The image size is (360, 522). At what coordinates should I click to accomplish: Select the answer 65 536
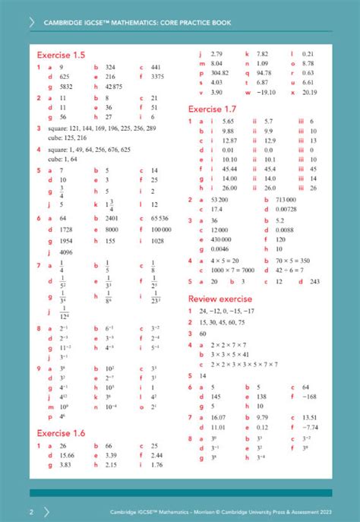click(159, 218)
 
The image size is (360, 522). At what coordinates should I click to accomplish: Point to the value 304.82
click(221, 74)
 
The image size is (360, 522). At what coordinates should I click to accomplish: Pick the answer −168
click(309, 396)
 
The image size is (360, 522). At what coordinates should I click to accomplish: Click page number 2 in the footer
click(31, 511)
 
